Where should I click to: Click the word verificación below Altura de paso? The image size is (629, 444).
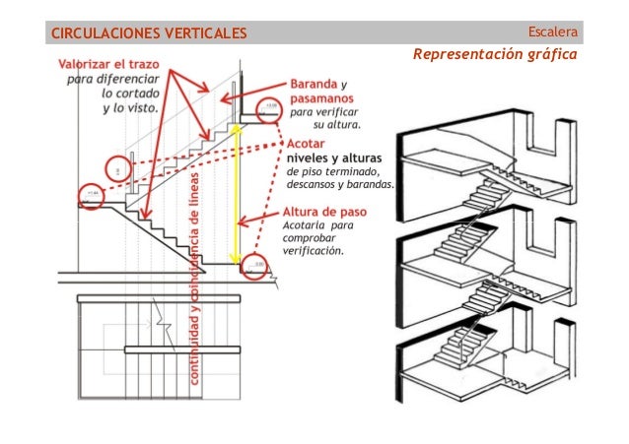pos(314,250)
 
